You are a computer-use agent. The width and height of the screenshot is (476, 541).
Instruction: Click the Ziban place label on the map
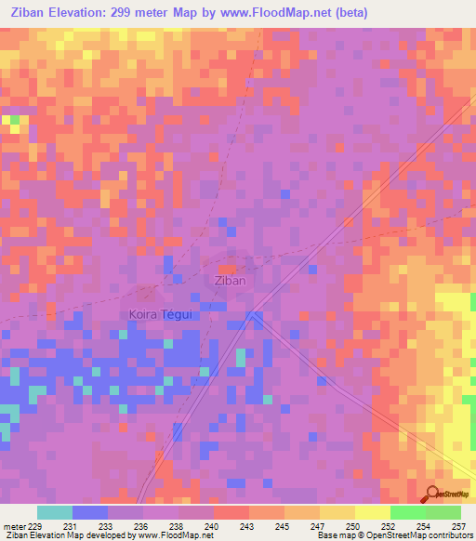pos(230,280)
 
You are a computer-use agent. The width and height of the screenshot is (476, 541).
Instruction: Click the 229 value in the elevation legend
pos(35,526)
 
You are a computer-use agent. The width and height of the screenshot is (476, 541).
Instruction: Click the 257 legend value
pos(457,526)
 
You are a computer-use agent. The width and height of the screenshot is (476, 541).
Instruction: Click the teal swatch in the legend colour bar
pos(55,512)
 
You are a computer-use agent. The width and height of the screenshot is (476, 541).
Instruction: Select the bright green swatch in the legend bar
pos(407,512)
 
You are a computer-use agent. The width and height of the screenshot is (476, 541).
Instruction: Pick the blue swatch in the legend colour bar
pos(90,512)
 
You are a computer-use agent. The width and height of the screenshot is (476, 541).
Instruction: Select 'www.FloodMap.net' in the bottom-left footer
pos(171,536)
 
